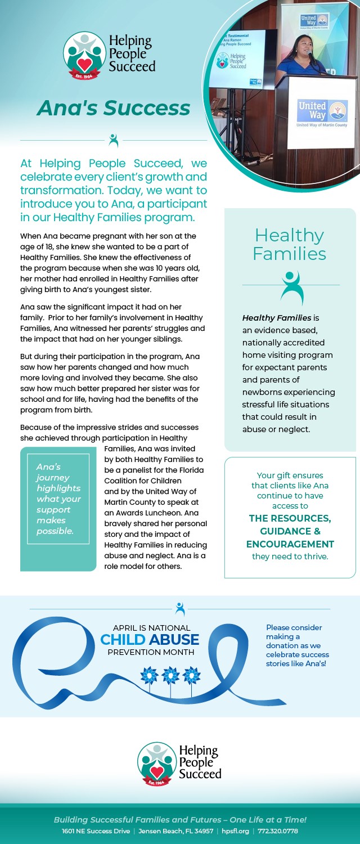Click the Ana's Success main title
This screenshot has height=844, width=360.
(x=113, y=107)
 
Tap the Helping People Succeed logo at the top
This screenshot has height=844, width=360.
(x=109, y=55)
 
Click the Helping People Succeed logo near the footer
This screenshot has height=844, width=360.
(x=179, y=763)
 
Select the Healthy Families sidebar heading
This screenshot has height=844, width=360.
(x=289, y=244)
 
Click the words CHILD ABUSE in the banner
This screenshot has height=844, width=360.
(x=150, y=640)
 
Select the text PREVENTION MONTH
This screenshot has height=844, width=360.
(x=151, y=652)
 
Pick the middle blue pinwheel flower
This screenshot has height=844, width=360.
(x=170, y=676)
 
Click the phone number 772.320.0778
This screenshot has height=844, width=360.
(x=278, y=831)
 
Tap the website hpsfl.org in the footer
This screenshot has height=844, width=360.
(x=235, y=831)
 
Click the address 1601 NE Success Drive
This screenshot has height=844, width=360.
(x=96, y=831)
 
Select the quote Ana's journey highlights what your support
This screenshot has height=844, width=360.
(x=58, y=499)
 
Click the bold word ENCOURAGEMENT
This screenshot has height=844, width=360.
(x=290, y=544)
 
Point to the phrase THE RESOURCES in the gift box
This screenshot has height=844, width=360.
(x=290, y=518)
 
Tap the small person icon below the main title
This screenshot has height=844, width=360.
(x=114, y=140)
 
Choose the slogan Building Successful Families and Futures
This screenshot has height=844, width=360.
(x=180, y=820)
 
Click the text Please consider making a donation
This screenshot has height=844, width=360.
(x=297, y=645)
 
